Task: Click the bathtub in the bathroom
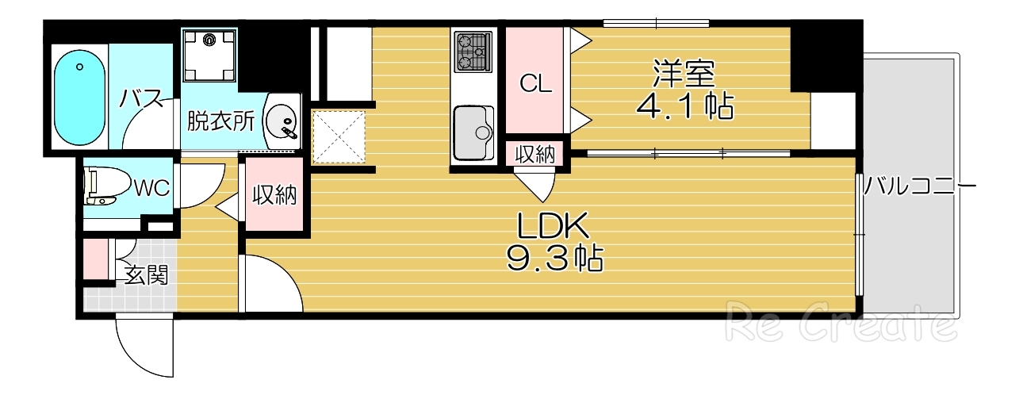tap(79, 98)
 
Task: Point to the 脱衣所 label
tap(220, 121)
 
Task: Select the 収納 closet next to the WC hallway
tap(274, 196)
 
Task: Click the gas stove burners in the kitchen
tap(473, 50)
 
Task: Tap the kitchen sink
tap(473, 130)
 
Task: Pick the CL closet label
tap(535, 83)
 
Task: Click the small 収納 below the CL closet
tap(535, 155)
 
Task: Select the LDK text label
tap(554, 228)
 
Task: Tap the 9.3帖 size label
tap(554, 259)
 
